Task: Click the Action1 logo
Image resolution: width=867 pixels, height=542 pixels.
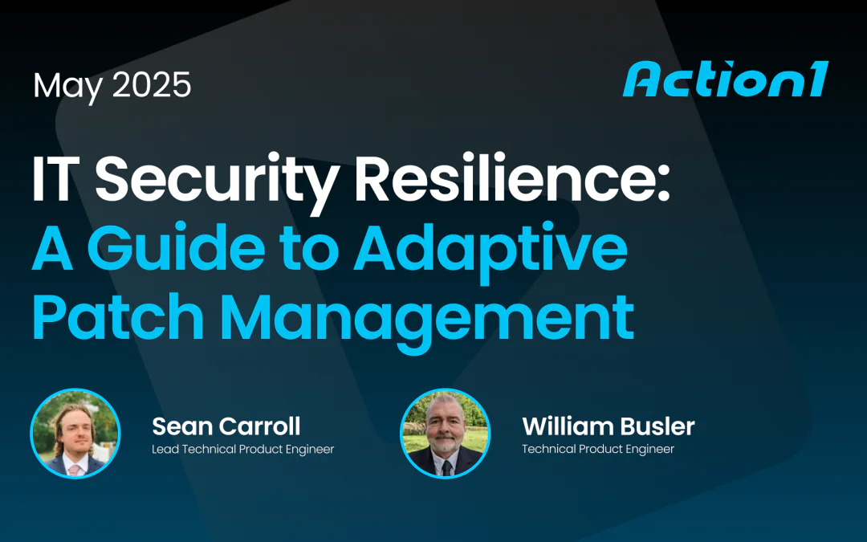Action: pyautogui.click(x=725, y=80)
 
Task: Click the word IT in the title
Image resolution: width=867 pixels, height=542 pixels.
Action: pyautogui.click(x=58, y=181)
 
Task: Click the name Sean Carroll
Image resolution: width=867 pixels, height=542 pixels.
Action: pyautogui.click(x=226, y=426)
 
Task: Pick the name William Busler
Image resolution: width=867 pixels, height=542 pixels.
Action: pyautogui.click(x=608, y=426)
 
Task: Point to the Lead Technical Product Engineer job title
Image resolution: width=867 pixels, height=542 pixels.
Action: pyautogui.click(x=242, y=449)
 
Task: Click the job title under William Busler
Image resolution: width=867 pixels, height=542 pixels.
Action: pyautogui.click(x=598, y=449)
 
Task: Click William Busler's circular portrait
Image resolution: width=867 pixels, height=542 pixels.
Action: pyautogui.click(x=445, y=433)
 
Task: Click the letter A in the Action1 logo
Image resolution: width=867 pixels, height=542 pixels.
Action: pyautogui.click(x=641, y=80)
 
